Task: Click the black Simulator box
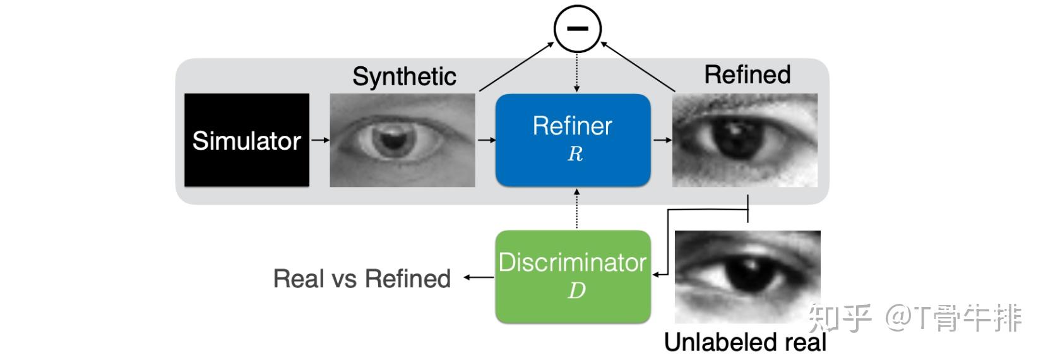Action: click(247, 140)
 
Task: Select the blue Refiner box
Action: click(573, 140)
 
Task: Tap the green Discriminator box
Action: click(573, 277)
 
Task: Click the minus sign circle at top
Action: click(578, 28)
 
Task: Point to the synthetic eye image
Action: click(402, 140)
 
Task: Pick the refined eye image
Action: click(745, 140)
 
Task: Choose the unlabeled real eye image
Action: click(747, 277)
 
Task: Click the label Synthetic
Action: click(404, 76)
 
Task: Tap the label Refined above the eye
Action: click(747, 75)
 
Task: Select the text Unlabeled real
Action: click(745, 342)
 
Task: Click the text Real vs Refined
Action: click(362, 279)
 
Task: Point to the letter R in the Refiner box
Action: click(575, 154)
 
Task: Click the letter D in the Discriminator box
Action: click(576, 291)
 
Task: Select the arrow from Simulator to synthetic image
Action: click(320, 140)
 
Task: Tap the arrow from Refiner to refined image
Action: click(662, 140)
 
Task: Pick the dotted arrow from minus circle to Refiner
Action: click(576, 73)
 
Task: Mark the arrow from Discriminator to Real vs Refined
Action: click(479, 277)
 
